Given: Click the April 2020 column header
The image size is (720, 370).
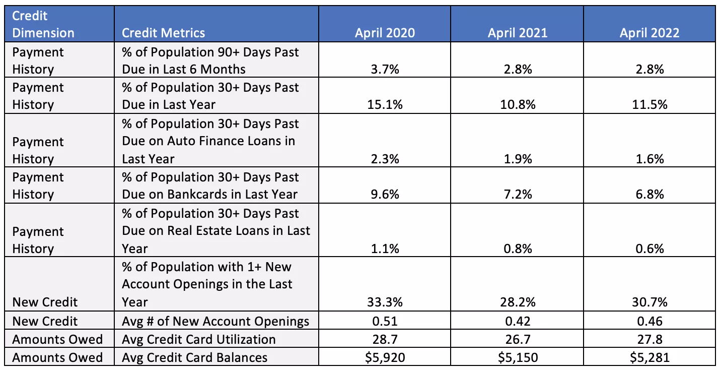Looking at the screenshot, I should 385,33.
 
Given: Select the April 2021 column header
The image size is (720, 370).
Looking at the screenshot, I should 517,33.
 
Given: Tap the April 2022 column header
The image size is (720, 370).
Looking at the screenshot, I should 649,33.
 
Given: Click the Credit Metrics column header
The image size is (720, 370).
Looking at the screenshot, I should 164,33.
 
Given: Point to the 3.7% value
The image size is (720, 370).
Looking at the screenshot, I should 385,70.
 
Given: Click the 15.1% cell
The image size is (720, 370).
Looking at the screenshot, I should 385,105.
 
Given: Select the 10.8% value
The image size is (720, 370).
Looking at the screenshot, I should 517,105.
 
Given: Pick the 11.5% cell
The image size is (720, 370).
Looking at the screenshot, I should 649,105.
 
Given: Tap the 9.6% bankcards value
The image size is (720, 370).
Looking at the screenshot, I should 385,195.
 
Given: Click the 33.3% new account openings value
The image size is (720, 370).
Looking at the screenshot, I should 385,302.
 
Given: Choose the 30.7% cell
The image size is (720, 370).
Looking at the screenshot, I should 649,302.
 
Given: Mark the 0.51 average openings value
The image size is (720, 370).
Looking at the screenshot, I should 385,321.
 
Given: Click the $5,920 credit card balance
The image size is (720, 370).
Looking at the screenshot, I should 385,358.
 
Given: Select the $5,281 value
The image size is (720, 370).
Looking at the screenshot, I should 649,358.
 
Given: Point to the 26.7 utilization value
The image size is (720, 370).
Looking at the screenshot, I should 517,339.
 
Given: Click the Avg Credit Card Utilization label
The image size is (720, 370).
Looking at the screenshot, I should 198,339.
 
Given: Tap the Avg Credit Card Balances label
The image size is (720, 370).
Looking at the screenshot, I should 194,358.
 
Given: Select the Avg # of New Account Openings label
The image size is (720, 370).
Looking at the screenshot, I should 215,321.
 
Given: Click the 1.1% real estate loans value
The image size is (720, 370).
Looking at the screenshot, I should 385,249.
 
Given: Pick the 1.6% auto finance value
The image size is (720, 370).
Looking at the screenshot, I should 649,159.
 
